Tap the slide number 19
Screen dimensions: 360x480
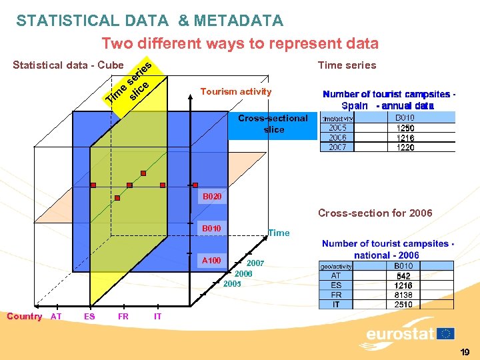coord(465,352)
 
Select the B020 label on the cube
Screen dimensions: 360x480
coord(211,197)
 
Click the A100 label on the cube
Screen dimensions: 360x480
coord(211,260)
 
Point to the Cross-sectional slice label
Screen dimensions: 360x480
coord(273,124)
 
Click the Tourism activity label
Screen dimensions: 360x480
coord(236,91)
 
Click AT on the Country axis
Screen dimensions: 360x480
coord(56,317)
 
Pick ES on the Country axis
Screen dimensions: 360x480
coord(89,317)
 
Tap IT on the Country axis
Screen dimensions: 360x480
coord(157,317)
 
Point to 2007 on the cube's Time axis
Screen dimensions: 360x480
coord(256,263)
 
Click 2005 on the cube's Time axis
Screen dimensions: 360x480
coord(232,284)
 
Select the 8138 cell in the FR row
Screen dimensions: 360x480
coord(404,295)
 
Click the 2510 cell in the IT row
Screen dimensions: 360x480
coord(404,305)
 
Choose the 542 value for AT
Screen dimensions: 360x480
coord(404,275)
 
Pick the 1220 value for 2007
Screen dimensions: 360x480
coord(405,147)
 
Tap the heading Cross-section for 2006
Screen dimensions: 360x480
coord(375,213)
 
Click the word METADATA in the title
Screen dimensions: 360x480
coord(239,21)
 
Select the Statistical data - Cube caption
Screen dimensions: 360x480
coord(68,65)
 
